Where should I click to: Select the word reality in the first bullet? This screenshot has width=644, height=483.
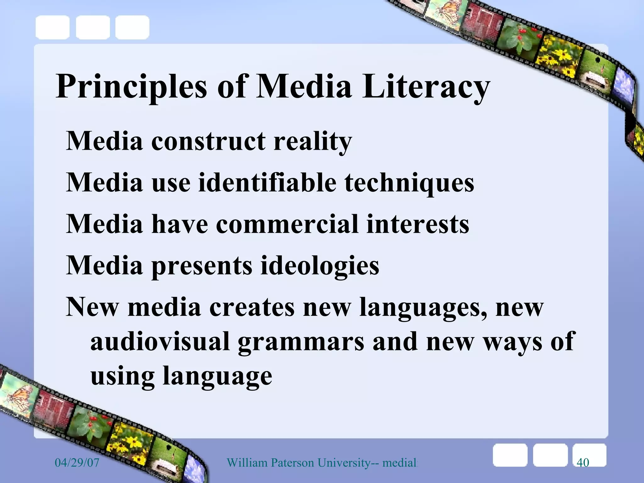313,141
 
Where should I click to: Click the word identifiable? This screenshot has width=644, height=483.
267,183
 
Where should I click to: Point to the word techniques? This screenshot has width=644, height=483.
409,183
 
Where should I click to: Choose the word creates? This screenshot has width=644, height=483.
252,307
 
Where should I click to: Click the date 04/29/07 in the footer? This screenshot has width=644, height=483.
77,463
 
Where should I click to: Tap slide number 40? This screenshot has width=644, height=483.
583,463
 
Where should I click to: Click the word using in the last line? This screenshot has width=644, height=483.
122,376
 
